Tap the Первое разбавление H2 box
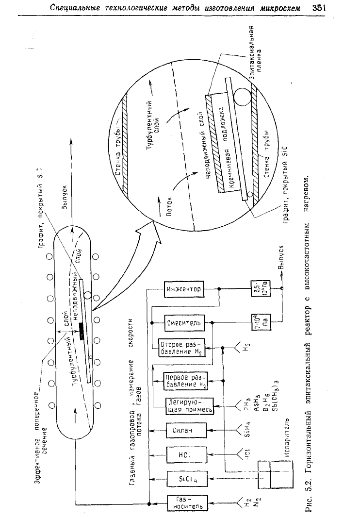tap(183, 379)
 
